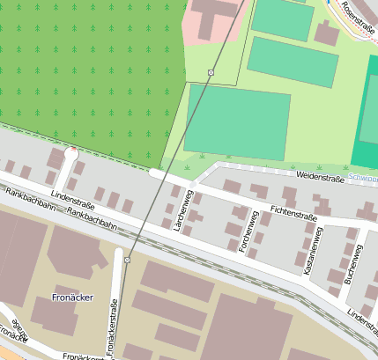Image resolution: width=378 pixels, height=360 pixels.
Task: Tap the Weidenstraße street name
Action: coord(320,178)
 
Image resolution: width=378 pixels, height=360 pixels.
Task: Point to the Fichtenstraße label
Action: coord(293,211)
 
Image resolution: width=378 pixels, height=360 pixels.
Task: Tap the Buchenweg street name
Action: coord(352,264)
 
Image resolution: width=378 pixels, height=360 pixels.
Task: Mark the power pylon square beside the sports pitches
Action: coord(211,72)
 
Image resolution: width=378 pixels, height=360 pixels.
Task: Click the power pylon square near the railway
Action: coord(128,260)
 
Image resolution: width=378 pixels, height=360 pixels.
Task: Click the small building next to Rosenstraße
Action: coord(327,33)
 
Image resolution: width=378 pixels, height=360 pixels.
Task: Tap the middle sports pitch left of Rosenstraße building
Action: coord(293,61)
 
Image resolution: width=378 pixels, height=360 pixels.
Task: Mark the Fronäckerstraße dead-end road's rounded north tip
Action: coord(118,253)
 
